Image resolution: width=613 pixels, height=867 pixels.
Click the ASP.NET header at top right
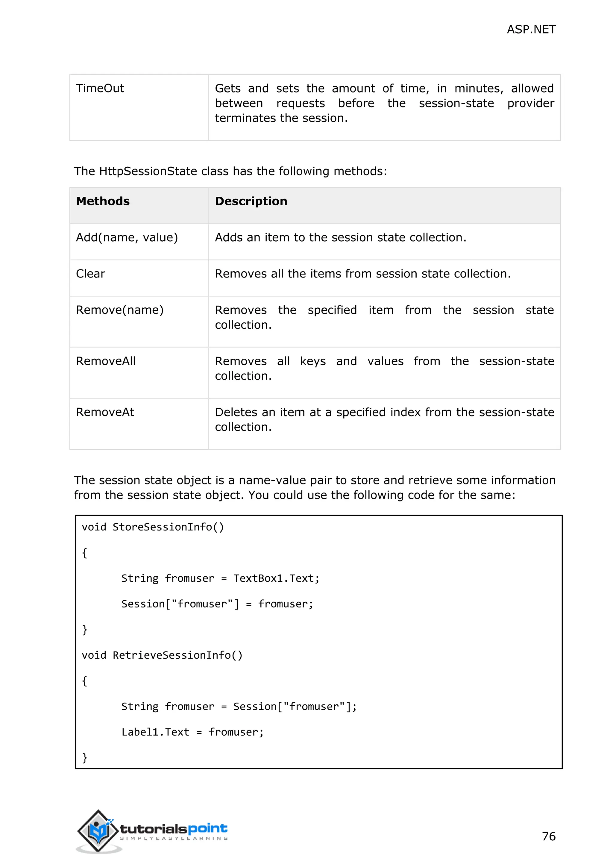[x=531, y=29]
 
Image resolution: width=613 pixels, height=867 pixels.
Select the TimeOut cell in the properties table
[x=100, y=88]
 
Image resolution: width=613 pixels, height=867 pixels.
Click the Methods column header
[x=103, y=201]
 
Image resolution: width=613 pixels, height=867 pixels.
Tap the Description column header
[x=251, y=201]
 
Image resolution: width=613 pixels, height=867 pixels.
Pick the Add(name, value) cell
[x=127, y=237]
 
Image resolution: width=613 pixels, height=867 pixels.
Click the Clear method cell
[x=91, y=274]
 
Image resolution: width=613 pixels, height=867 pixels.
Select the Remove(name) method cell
[x=120, y=310]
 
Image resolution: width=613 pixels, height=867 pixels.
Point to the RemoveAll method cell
[x=106, y=361]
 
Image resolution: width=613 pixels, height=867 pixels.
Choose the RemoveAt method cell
[x=105, y=412]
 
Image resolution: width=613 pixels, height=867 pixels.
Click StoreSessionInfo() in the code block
[x=168, y=527]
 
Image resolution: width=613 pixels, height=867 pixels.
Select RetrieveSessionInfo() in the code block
[x=177, y=655]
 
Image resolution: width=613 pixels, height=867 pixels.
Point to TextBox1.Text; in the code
[x=276, y=578]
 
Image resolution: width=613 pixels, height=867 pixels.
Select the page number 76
[x=548, y=836]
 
